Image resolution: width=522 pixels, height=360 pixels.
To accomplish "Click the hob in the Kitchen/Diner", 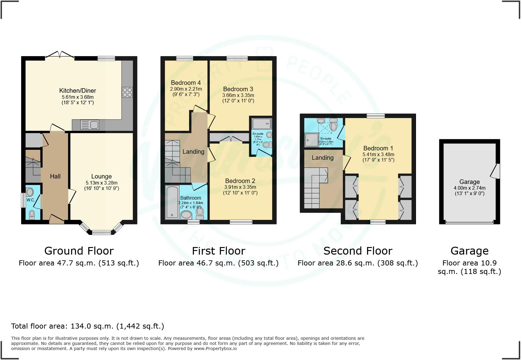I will [127, 92].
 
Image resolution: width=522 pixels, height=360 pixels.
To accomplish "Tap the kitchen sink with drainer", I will [90, 125].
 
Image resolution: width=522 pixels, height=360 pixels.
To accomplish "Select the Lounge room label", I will [101, 176].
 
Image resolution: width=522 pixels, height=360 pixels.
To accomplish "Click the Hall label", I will [55, 176].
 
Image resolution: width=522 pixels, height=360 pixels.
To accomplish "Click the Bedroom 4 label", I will [186, 83].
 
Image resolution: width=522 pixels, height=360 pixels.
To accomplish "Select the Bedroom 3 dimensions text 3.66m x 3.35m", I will [238, 95].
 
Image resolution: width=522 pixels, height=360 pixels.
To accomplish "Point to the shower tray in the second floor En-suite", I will [311, 140].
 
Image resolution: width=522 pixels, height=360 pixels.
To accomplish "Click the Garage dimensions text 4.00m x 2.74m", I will [469, 188].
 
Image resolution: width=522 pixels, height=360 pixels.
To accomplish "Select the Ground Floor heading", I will [79, 251].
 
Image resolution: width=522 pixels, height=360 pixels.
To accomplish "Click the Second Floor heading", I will [358, 251].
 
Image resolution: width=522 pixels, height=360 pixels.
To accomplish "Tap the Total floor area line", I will [88, 326].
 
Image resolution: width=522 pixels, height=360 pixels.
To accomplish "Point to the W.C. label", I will [31, 200].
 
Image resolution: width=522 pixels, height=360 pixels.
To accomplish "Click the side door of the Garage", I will [497, 171].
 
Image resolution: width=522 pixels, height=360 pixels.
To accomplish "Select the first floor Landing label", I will [193, 152].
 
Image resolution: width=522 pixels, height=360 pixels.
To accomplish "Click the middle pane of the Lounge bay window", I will [101, 232].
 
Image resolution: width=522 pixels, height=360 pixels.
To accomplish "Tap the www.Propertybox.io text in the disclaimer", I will [215, 349].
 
